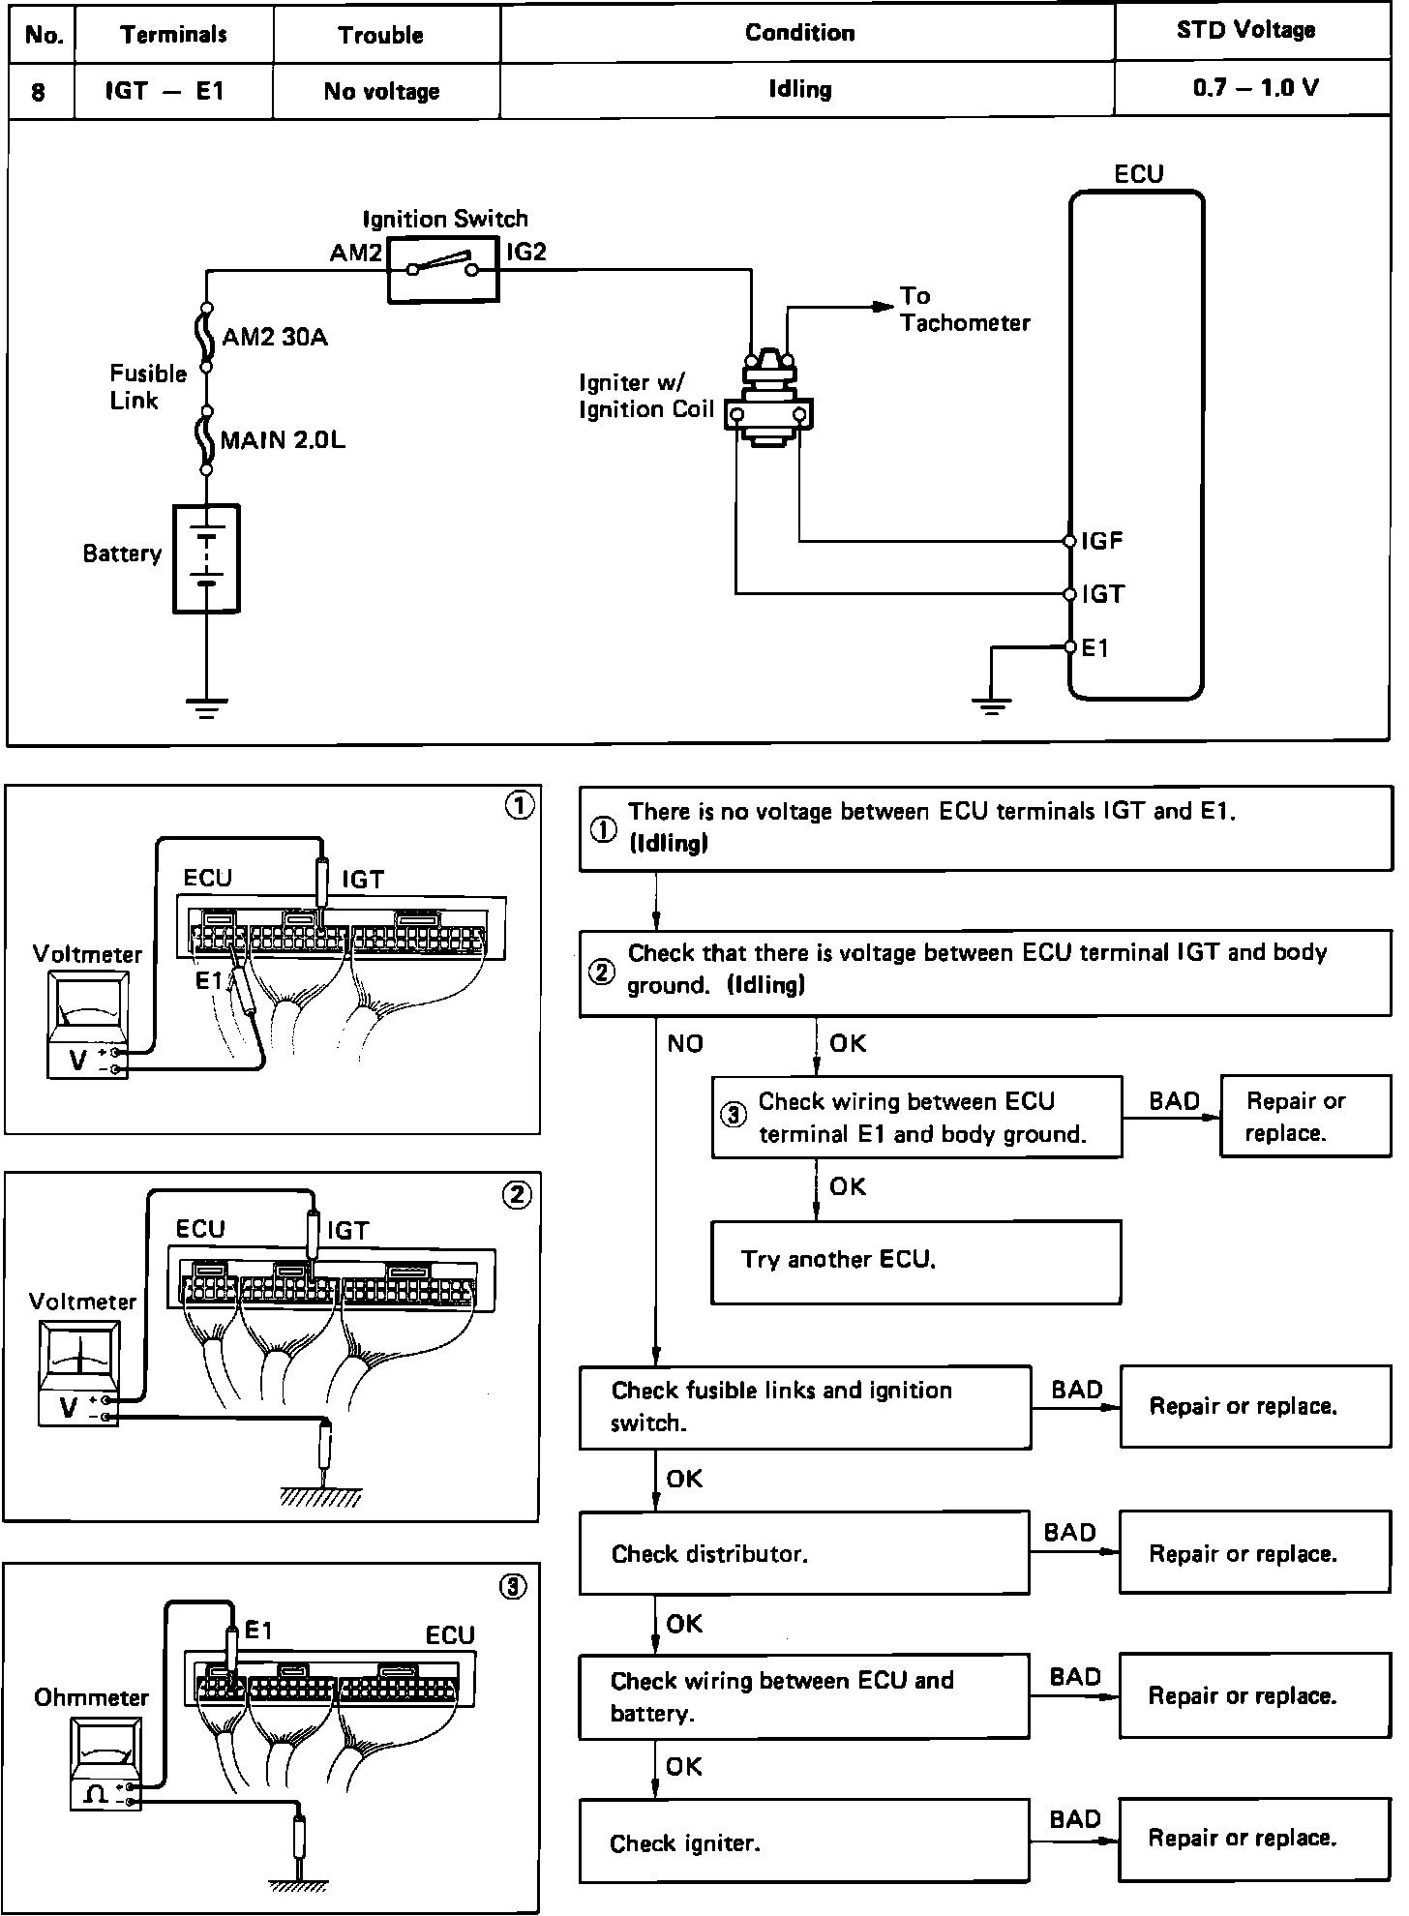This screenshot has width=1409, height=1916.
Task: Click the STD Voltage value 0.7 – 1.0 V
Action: (x=1255, y=89)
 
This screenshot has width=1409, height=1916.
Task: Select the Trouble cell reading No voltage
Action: (x=381, y=92)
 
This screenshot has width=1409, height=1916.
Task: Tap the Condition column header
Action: (x=799, y=33)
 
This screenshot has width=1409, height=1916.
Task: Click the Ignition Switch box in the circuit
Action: (x=444, y=268)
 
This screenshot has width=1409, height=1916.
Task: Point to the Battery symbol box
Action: (x=206, y=558)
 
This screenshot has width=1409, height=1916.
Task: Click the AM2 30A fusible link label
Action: (x=275, y=338)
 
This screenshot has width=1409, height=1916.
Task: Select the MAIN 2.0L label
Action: (x=283, y=441)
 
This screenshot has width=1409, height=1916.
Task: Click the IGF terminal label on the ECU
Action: (x=1102, y=541)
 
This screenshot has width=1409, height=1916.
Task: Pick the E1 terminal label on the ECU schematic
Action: (x=1094, y=648)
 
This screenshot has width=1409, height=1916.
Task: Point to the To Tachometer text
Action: (x=964, y=310)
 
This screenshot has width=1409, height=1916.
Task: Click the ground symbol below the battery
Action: (x=206, y=707)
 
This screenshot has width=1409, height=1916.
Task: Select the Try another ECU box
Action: (x=915, y=1261)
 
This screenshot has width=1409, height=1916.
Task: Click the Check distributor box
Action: (x=803, y=1553)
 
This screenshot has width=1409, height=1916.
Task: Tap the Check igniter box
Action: (x=803, y=1841)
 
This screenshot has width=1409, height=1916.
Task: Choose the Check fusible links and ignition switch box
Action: (x=804, y=1407)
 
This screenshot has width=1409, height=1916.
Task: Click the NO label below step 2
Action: (x=685, y=1044)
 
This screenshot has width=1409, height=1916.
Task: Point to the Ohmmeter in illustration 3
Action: (x=105, y=1762)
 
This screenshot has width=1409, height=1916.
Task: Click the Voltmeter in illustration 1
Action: (x=87, y=1026)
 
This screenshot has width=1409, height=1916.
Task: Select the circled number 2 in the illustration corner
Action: (x=517, y=1196)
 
